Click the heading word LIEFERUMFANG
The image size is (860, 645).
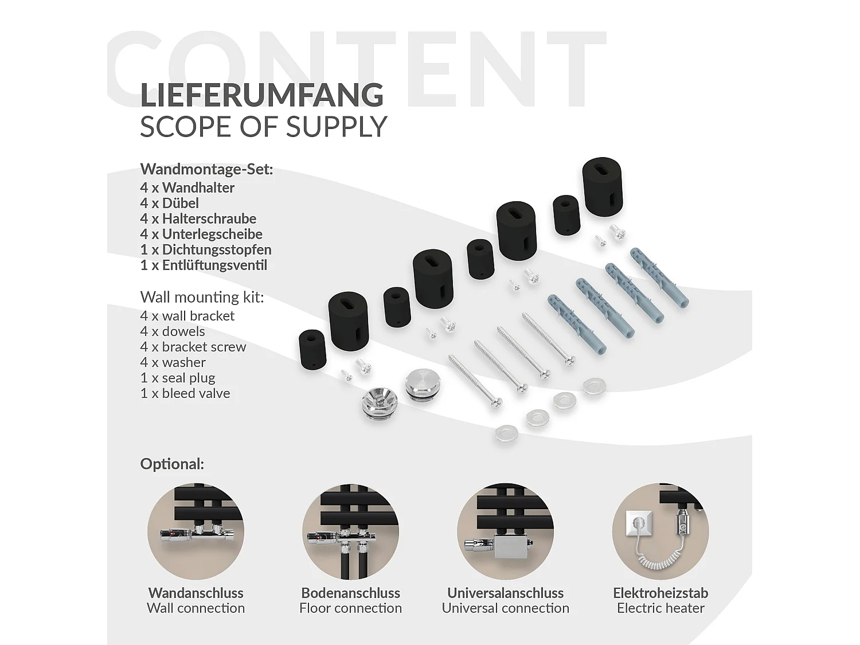261,95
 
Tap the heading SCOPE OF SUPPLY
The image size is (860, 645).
264,127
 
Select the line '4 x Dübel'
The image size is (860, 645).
169,203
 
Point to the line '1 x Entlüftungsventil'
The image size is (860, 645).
204,265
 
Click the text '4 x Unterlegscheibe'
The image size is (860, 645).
201,234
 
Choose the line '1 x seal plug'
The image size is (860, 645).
178,378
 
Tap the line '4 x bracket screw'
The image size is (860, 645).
193,347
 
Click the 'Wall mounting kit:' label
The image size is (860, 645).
202,297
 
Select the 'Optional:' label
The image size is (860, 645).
172,464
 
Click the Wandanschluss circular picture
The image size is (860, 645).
196,531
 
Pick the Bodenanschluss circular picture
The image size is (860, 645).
351,531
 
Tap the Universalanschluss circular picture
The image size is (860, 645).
506,531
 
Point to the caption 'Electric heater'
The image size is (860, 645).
660,608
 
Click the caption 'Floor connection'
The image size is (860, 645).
351,608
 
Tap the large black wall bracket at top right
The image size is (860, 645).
603,186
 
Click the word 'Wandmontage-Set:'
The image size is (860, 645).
206,170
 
